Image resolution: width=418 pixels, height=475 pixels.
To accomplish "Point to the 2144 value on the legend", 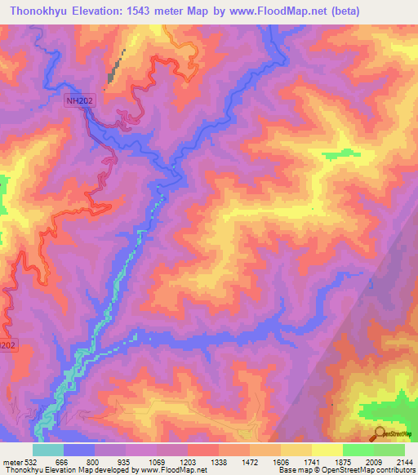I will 403,463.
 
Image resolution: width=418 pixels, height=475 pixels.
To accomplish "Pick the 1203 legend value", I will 187,463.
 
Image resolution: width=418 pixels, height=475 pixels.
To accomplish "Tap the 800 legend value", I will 94,463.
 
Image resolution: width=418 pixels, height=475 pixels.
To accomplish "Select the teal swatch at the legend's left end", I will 47,450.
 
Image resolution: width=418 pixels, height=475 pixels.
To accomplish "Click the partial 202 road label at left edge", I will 7,346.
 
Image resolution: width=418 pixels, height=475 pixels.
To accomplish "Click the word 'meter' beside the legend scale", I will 11,463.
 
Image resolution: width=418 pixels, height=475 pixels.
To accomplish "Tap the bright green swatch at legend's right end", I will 389,450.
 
